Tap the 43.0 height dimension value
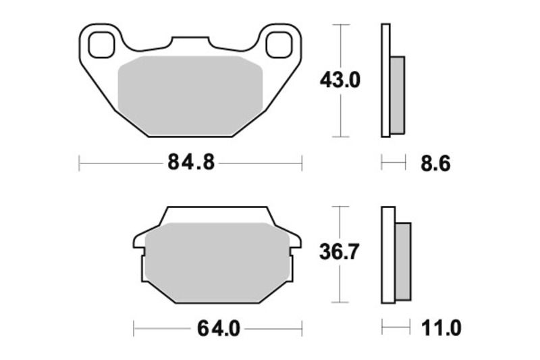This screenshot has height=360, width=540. tap(340, 80)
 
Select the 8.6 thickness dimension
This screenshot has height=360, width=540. tap(436, 163)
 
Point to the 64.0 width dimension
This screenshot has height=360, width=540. tap(219, 329)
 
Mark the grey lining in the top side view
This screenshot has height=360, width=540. tap(398, 95)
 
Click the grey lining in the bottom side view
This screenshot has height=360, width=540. tap(402, 262)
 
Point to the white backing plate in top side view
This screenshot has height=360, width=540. tap(385, 80)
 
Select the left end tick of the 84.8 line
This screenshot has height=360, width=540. tap(80, 163)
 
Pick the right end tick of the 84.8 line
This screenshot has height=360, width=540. tap(302, 163)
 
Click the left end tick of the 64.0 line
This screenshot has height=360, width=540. tap(134, 329)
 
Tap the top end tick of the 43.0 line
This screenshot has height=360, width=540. tap(342, 25)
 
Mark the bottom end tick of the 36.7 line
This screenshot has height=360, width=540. tap(342, 303)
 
